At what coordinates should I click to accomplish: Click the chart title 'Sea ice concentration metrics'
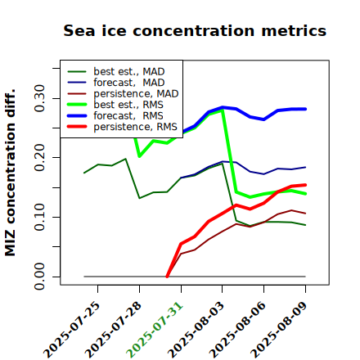tap(195, 30)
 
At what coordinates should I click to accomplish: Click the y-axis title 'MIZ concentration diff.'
tap(10, 173)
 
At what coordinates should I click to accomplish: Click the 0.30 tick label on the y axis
tap(39, 98)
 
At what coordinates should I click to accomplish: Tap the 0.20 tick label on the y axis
tap(39, 158)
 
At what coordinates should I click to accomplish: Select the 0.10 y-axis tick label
tap(39, 217)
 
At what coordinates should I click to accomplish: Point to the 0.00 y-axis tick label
tap(39, 277)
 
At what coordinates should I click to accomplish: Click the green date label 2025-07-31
tap(155, 330)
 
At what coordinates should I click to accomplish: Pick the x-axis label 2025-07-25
tap(71, 330)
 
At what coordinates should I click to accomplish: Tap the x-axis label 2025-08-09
tap(279, 330)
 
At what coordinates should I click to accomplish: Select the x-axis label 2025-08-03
tap(196, 330)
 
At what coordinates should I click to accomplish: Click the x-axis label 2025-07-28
tap(113, 330)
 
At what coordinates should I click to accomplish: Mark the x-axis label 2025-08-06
tap(237, 330)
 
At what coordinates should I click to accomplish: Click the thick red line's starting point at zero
tap(167, 277)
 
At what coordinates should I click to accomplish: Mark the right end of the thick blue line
tap(305, 109)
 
